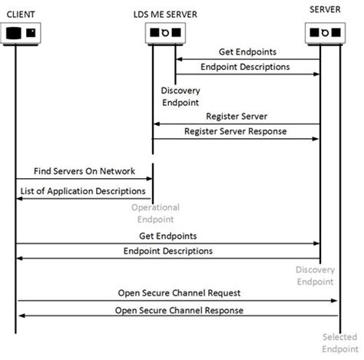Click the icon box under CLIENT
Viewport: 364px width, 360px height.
(22, 33)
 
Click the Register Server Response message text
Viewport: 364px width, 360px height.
(236, 131)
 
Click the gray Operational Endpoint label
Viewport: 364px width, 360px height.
(154, 213)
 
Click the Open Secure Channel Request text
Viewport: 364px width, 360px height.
(180, 292)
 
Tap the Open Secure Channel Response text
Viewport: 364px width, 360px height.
(180, 310)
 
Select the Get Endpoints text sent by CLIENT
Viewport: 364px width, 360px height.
(167, 236)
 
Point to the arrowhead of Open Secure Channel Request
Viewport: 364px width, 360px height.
(334, 301)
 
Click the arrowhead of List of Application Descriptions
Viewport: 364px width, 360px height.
(20, 198)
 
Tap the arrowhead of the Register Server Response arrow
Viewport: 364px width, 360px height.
(315, 139)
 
